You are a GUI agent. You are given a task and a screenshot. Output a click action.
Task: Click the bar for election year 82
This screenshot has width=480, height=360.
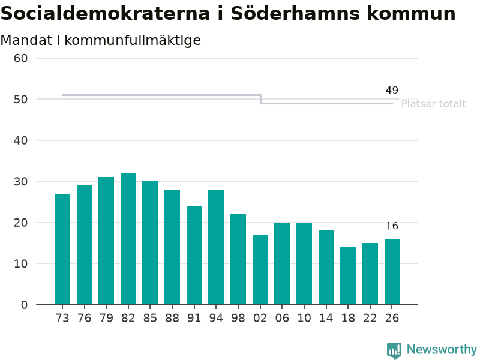(128, 239)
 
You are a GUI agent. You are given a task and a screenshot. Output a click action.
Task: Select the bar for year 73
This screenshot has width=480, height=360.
(62, 249)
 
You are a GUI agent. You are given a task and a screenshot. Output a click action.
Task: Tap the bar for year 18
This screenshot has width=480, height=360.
(348, 276)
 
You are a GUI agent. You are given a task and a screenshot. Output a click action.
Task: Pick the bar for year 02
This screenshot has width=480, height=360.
(260, 269)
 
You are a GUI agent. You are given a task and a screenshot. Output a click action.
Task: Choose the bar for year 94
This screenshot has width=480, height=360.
(216, 247)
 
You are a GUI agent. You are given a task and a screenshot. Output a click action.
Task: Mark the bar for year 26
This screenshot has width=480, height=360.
(392, 272)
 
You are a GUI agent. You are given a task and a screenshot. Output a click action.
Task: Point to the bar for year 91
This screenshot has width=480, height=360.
(194, 256)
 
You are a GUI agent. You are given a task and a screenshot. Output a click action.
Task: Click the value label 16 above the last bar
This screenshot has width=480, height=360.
(392, 226)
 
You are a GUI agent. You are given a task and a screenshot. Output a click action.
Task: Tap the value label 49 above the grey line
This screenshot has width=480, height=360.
(392, 91)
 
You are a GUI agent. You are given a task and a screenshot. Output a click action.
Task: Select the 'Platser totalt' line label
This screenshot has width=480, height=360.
(433, 104)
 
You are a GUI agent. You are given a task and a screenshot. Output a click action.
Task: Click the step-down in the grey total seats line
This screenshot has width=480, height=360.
(260, 100)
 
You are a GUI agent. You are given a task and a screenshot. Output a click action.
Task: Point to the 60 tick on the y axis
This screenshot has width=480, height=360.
(21, 58)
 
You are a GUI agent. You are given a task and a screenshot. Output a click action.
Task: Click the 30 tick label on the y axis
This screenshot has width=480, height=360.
(21, 182)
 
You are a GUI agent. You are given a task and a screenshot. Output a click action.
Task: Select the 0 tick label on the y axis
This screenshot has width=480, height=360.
(24, 305)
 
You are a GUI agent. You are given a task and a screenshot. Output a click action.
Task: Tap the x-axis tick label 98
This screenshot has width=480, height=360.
(238, 318)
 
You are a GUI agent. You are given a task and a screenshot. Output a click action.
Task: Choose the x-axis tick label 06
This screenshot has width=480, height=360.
(282, 318)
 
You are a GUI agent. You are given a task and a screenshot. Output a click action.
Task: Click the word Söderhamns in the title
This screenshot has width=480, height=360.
(295, 14)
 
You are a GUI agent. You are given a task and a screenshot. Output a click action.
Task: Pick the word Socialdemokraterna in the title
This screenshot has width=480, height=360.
(105, 14)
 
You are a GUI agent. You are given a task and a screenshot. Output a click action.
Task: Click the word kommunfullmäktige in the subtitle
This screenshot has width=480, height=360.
(133, 41)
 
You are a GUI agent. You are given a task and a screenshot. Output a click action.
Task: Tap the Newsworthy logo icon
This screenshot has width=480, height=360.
(394, 350)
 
